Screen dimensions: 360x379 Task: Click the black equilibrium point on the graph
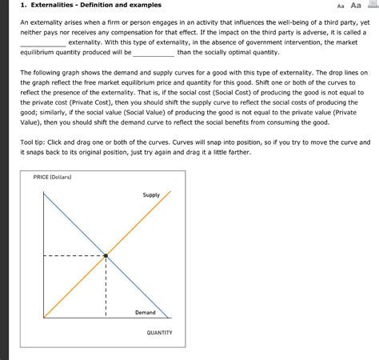click(x=106, y=256)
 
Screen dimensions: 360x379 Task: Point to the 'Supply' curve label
click(x=151, y=194)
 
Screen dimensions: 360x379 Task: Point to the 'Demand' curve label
click(x=145, y=312)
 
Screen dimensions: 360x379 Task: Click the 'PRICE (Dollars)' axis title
click(x=53, y=176)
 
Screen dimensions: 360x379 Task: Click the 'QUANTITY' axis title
click(x=160, y=332)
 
